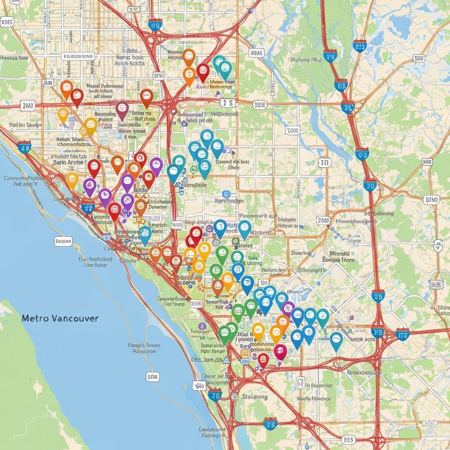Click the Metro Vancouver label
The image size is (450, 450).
[x=60, y=318]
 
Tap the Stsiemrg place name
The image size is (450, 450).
[x=255, y=396]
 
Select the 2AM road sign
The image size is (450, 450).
[x=27, y=105]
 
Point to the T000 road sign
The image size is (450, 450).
[x=292, y=131]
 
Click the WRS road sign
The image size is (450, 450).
[x=427, y=162]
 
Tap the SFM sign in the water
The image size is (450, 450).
[x=152, y=377]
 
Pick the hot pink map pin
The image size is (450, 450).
[x=280, y=351]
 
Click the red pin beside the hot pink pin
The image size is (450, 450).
[x=263, y=359]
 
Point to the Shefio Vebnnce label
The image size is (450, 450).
[x=313, y=399]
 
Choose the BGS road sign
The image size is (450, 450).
[x=348, y=439]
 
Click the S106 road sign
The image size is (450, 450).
[x=196, y=303]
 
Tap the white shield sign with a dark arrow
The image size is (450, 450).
[x=438, y=245]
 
